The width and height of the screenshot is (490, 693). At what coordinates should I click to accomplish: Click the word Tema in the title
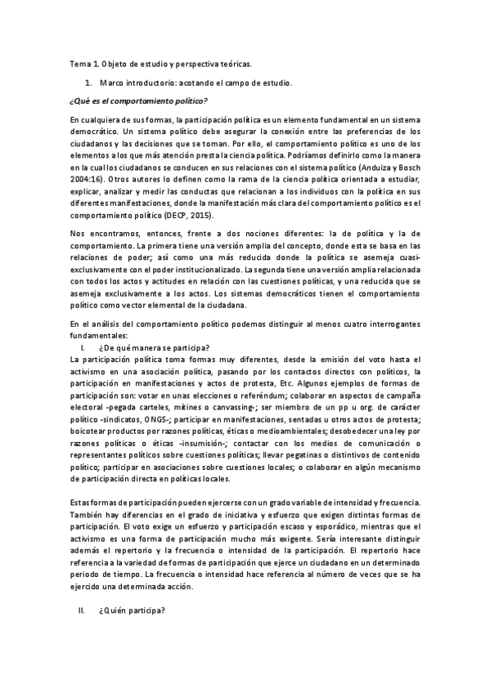pyautogui.click(x=79, y=65)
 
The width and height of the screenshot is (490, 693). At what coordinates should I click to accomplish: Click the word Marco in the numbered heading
pyautogui.click(x=111, y=83)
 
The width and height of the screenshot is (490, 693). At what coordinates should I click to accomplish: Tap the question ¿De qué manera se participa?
pyautogui.click(x=153, y=347)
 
